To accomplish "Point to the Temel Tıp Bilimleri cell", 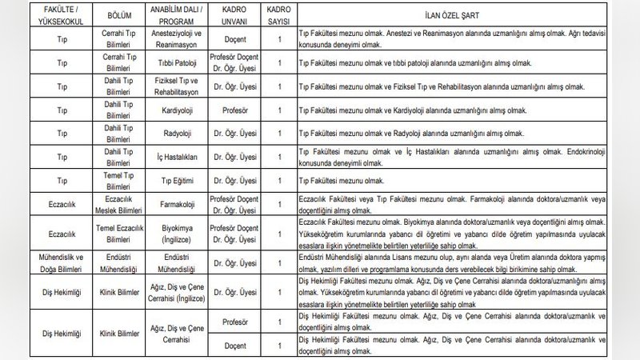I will coord(122,182).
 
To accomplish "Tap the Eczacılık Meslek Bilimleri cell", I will coord(122,205).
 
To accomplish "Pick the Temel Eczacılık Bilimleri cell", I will coord(122,233).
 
